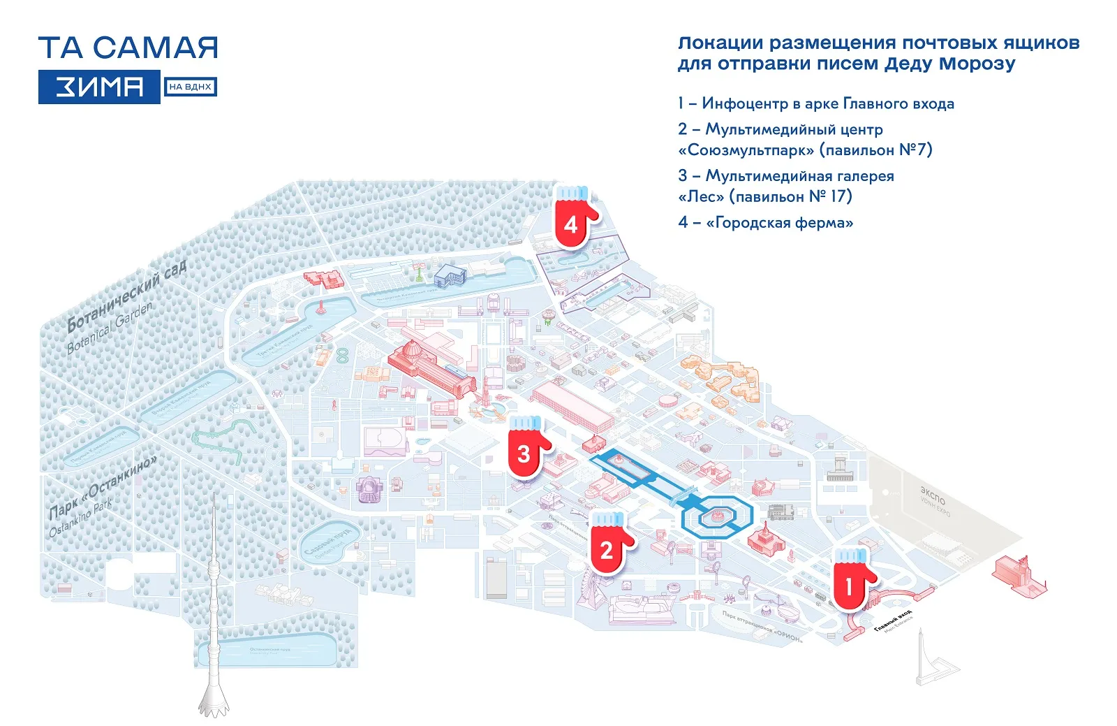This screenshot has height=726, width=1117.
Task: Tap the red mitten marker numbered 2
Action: [608, 545]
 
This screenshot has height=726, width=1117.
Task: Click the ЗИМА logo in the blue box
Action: [99, 87]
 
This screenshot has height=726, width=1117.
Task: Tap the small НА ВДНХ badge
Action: [190, 87]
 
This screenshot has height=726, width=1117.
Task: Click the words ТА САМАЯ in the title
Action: [128, 48]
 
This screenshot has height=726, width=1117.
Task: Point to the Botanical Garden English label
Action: [110, 327]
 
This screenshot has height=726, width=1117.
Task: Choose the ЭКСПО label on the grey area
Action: [933, 495]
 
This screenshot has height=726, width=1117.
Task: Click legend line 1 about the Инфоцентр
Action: [815, 104]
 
